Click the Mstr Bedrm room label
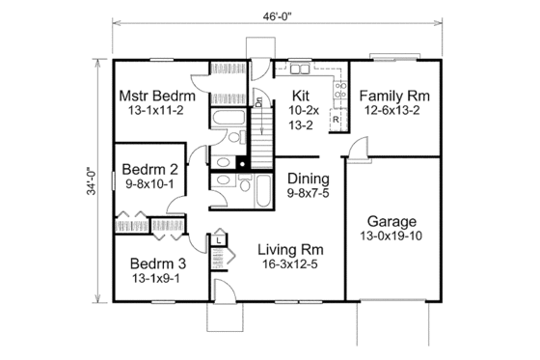pyautogui.click(x=157, y=97)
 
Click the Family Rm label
pyautogui.click(x=394, y=97)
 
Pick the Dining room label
pyautogui.click(x=309, y=179)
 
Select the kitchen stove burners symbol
pyautogui.click(x=339, y=92)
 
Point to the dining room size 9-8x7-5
pyautogui.click(x=309, y=194)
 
